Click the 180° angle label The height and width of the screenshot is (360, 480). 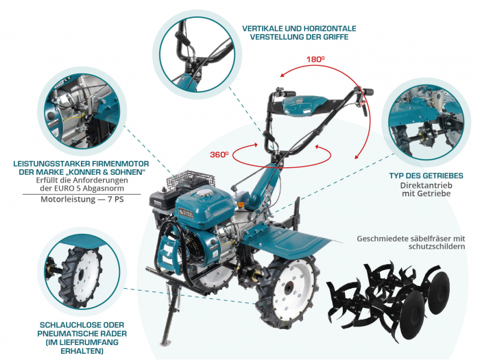pyautogui.click(x=315, y=60)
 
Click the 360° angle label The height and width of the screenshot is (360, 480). pyautogui.click(x=219, y=155)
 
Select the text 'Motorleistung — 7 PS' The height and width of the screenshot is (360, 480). pyautogui.click(x=80, y=201)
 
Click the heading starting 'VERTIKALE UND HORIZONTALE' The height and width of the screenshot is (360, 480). pyautogui.click(x=299, y=33)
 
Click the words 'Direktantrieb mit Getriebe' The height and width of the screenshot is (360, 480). pyautogui.click(x=425, y=190)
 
